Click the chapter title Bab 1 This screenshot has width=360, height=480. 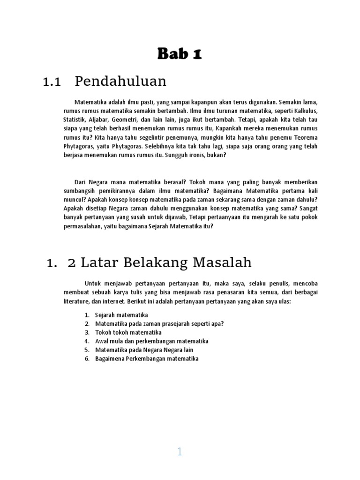(x=180, y=54)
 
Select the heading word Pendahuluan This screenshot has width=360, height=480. (x=120, y=82)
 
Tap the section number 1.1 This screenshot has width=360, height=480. (x=52, y=82)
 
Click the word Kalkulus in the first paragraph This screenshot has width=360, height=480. (x=305, y=111)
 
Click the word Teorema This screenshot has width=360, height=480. (x=305, y=137)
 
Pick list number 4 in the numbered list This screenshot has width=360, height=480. (x=87, y=341)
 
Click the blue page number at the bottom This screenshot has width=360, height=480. (x=180, y=452)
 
